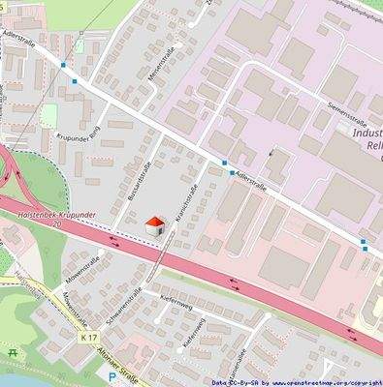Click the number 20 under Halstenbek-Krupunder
click(57, 223)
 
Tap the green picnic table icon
click(12, 353)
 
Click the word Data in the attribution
click(221, 382)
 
